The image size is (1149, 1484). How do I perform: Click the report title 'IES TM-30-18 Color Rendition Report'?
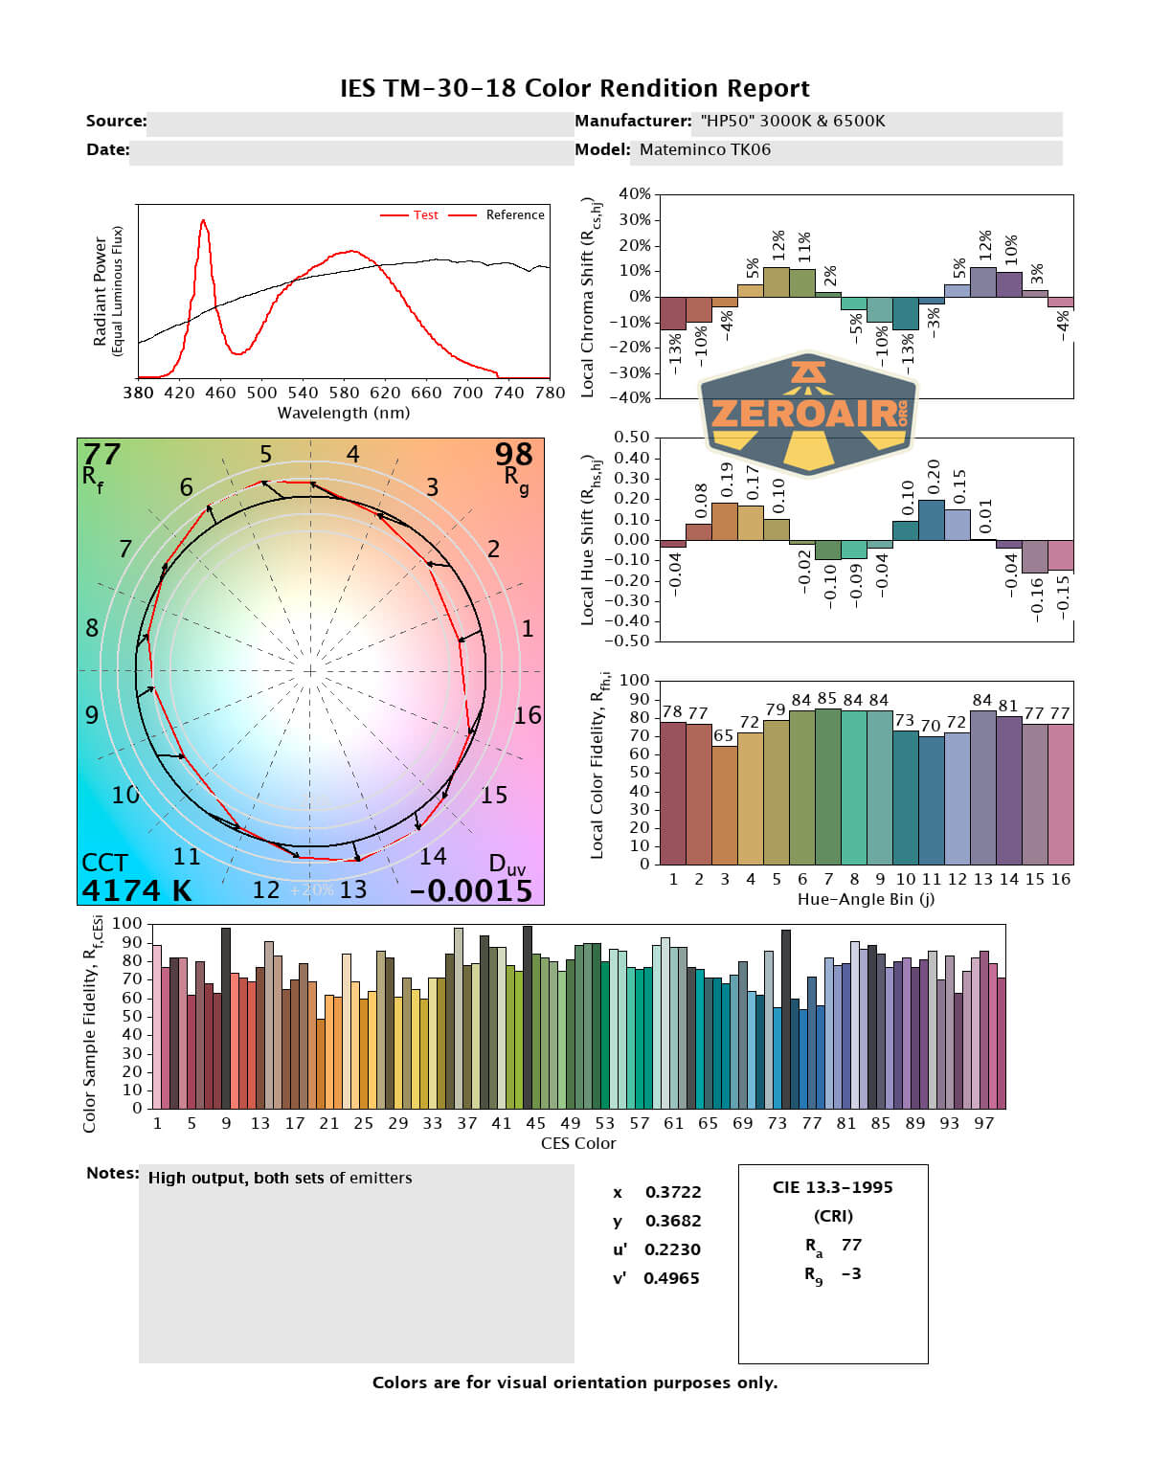point(574,89)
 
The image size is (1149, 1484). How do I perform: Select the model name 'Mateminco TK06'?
point(705,150)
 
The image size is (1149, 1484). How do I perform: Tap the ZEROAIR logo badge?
point(809,413)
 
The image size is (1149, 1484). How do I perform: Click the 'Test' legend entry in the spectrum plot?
point(425,215)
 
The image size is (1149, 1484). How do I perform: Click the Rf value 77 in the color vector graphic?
point(101,453)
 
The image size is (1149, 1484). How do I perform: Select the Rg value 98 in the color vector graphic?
point(513,454)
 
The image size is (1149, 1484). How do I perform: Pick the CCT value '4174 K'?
point(136,891)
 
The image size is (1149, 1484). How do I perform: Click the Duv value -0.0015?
point(470,891)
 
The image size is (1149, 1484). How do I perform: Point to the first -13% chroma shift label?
point(675,352)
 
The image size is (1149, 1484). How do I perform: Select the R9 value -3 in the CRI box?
point(851,1273)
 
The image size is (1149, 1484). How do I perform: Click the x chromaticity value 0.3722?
point(672,1192)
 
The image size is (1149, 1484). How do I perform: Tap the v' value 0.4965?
point(671,1278)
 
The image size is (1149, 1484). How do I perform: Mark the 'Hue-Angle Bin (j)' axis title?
point(866,900)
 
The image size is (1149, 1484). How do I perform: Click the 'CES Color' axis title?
point(578,1143)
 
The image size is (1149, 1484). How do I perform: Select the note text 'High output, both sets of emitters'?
point(280,1179)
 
